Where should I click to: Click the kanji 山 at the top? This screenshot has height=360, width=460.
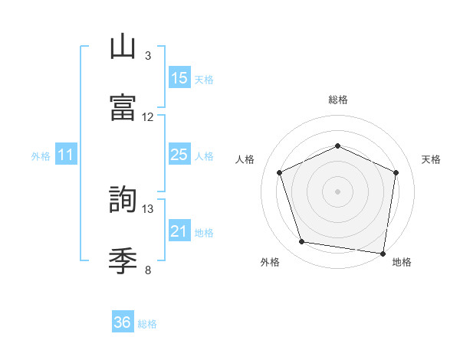(123, 47)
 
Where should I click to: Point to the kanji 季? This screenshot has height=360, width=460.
(123, 262)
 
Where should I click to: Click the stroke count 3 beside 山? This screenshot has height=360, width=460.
(148, 56)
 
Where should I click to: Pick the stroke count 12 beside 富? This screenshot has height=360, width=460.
(148, 117)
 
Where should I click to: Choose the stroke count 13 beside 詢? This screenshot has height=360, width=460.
(148, 208)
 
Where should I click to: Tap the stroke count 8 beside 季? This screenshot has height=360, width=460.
(148, 270)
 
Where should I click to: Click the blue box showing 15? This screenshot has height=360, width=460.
(179, 78)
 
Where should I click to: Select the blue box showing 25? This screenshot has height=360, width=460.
(179, 155)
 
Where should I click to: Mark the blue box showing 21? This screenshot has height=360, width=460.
(179, 231)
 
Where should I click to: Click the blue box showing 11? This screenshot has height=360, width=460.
(66, 155)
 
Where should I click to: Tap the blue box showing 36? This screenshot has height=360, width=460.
(123, 322)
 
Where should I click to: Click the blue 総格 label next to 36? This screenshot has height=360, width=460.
(147, 324)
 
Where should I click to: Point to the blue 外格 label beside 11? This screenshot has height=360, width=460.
(41, 156)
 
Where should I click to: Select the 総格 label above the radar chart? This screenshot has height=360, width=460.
(337, 100)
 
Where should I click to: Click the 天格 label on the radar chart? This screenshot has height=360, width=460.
(431, 159)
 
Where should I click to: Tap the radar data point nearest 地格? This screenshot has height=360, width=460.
(382, 253)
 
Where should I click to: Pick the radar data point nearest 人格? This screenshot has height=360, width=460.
(280, 172)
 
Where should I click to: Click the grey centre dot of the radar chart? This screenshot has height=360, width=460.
(337, 191)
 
